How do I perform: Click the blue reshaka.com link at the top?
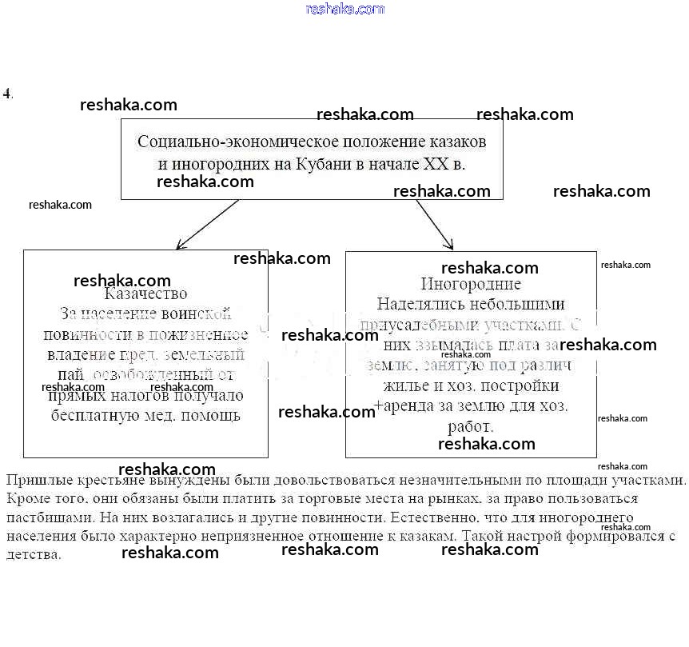pyautogui.click(x=345, y=10)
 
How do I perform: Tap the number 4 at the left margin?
pyautogui.click(x=7, y=93)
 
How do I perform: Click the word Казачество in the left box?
pyautogui.click(x=146, y=294)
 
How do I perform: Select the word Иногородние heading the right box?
pyautogui.click(x=471, y=284)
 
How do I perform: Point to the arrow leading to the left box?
pyautogui.click(x=206, y=225)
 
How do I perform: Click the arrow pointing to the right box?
pyautogui.click(x=435, y=225)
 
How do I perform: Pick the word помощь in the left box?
pyautogui.click(x=212, y=416)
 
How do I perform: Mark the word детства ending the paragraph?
pyautogui.click(x=32, y=554)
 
